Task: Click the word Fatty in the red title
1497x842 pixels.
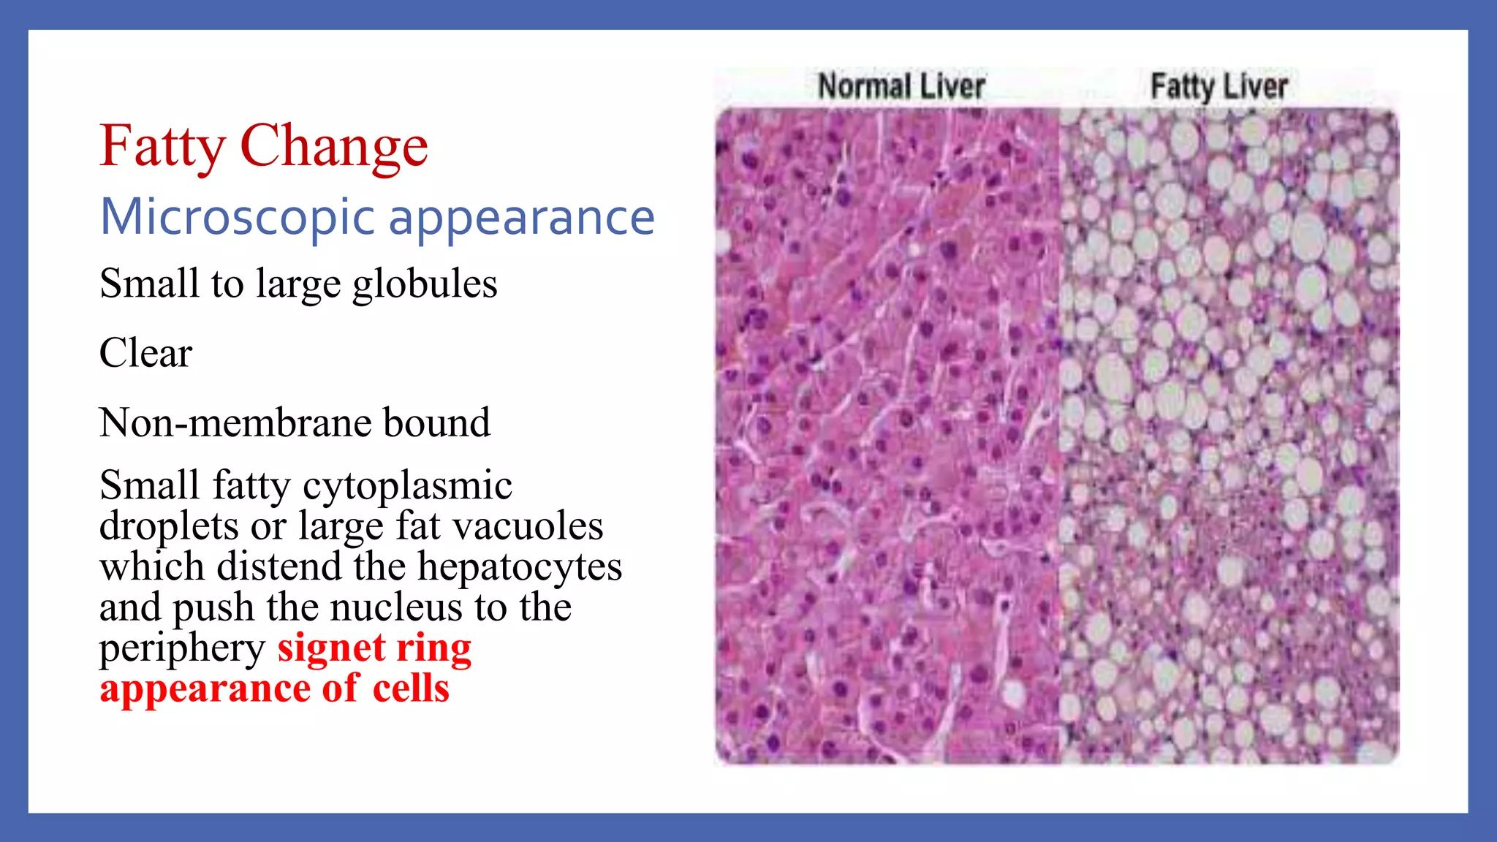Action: [162, 147]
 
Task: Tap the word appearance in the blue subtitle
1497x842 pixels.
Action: [521, 219]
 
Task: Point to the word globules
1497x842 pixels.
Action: [425, 284]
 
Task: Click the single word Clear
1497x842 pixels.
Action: [145, 353]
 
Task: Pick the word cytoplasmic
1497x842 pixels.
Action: [407, 486]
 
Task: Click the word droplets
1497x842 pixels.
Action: [169, 526]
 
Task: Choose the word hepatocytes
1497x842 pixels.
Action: [520, 567]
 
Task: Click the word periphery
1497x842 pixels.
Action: [182, 648]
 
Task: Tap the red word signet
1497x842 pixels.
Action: [331, 648]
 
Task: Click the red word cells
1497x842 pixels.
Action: [411, 689]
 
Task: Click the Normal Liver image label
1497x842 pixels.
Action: [901, 86]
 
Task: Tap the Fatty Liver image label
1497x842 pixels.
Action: [1219, 86]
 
